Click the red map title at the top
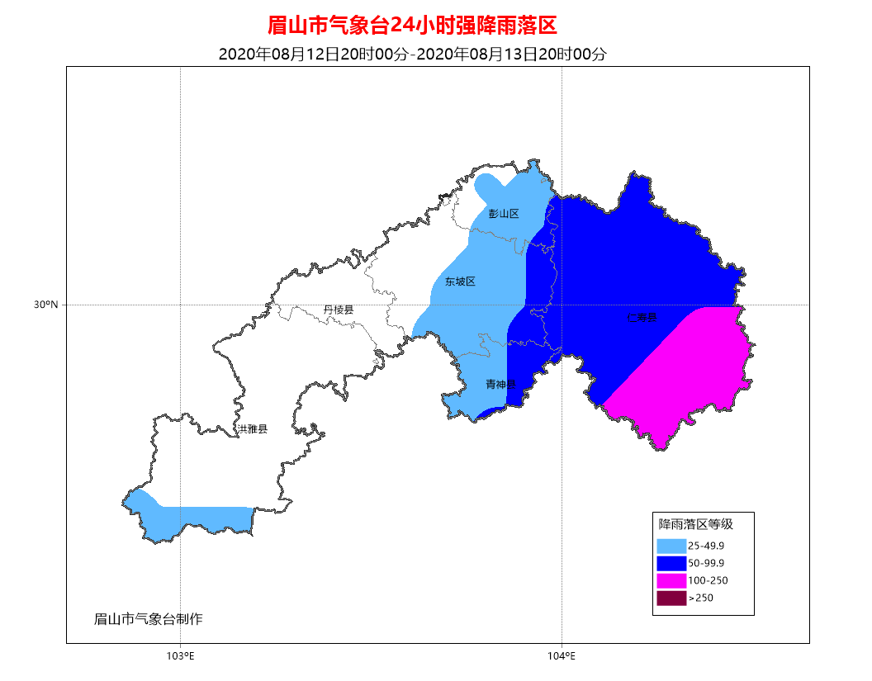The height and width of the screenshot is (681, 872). coord(413,26)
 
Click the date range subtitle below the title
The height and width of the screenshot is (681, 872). coord(413,54)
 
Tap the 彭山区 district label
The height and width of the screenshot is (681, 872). coord(504,214)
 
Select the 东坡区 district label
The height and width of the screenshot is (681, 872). coord(460,281)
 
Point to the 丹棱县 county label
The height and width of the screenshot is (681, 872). coord(339,310)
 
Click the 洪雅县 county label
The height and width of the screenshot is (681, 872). coord(252,429)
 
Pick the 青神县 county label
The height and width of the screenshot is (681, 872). coord(500,385)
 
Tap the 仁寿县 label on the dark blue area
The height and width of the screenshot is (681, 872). coord(641,317)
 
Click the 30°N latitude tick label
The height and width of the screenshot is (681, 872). coord(46,305)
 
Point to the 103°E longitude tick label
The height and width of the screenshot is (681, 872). coord(180,656)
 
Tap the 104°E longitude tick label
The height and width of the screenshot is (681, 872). coord(562,656)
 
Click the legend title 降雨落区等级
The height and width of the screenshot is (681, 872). coord(695,523)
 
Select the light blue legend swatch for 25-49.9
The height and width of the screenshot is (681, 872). coord(671,546)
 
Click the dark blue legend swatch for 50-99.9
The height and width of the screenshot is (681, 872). coord(671,563)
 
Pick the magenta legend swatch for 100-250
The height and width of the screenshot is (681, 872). coord(671,580)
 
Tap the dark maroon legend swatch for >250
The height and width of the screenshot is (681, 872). coord(671,598)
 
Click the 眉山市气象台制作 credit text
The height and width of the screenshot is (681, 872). coord(149,619)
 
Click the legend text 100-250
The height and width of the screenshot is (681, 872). coord(708,580)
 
